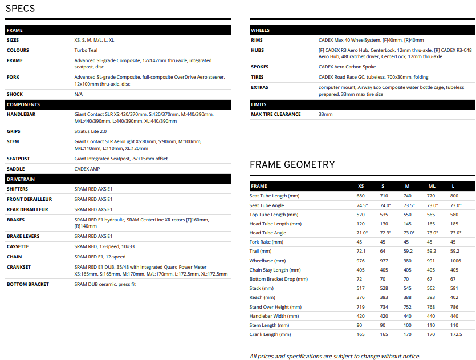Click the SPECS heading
(20, 8)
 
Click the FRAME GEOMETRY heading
(292, 165)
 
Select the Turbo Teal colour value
(86, 50)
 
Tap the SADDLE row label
(16, 169)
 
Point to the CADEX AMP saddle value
(87, 169)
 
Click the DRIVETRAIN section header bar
(118, 179)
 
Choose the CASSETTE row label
(18, 246)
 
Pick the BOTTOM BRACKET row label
(28, 284)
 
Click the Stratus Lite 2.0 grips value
(91, 131)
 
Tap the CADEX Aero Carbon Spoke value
(347, 67)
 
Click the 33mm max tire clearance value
(326, 114)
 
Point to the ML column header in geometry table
(432, 186)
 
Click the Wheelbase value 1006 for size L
(455, 261)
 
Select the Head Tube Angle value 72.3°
(386, 233)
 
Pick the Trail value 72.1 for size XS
(361, 251)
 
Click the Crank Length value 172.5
(455, 334)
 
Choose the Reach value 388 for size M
(407, 297)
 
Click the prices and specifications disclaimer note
(335, 356)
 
